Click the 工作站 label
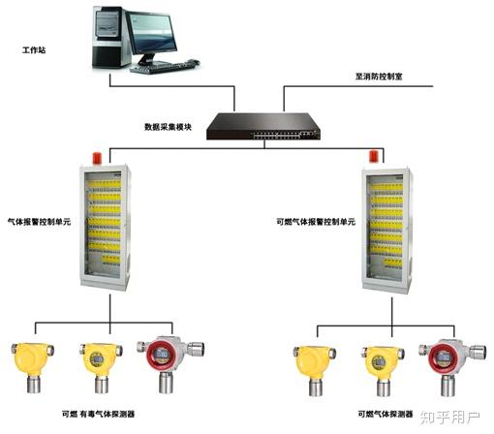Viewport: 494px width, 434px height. [34, 50]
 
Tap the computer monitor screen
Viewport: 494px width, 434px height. [152, 33]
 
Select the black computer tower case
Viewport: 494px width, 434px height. [108, 37]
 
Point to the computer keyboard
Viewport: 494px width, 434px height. [165, 67]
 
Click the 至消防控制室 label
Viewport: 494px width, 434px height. [379, 77]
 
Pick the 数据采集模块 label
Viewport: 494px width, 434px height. [168, 127]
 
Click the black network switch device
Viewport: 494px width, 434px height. [263, 126]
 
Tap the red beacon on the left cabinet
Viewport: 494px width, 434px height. [97, 158]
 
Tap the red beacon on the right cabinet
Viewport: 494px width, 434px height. [374, 157]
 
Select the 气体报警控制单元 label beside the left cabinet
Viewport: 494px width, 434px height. [39, 222]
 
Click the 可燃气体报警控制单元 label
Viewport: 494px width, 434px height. [316, 222]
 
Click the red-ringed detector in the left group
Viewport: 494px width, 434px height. [170, 364]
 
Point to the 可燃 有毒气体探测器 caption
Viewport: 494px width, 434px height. [98, 414]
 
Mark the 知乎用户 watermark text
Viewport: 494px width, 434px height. [450, 418]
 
